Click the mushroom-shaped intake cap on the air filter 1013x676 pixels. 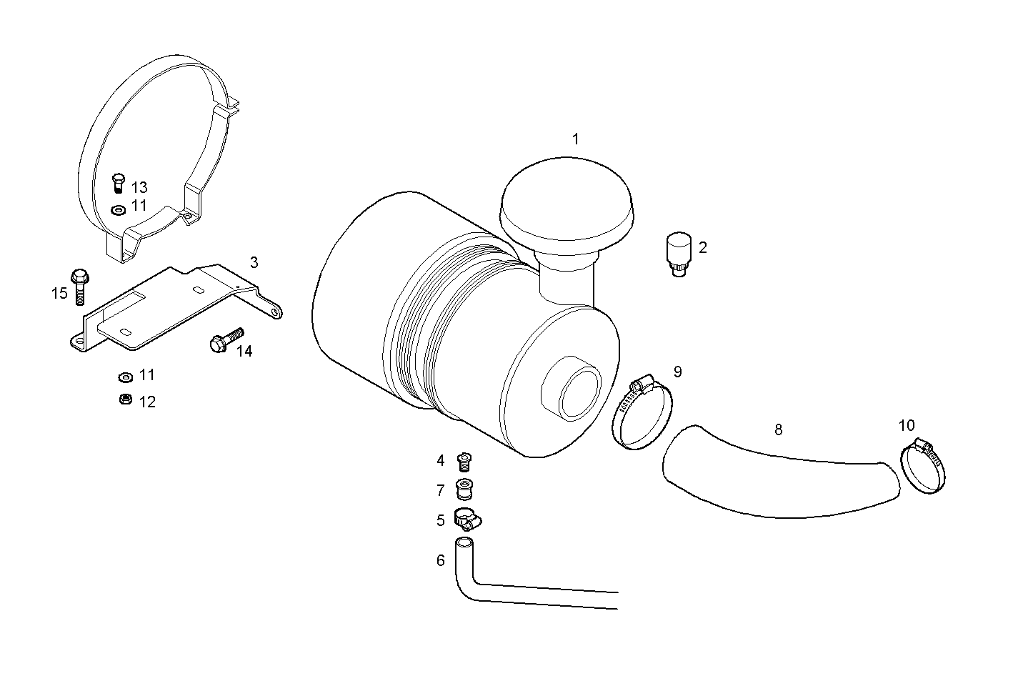coord(567,203)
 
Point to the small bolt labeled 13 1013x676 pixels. coord(119,183)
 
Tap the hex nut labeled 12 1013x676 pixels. coord(124,399)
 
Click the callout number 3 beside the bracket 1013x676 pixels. coord(254,262)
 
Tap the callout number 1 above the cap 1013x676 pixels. coord(575,139)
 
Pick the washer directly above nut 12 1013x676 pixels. coord(124,376)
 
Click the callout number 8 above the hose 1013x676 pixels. coord(778,429)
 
